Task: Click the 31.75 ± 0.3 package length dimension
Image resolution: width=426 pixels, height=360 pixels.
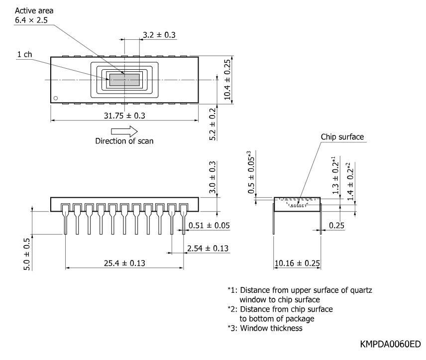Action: point(124,116)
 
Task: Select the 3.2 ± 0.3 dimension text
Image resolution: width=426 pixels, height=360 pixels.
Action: point(159,35)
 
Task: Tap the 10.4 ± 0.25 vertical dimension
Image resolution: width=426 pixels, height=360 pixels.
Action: point(227,80)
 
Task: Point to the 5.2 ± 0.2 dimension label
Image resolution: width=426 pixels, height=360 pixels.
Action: point(213,124)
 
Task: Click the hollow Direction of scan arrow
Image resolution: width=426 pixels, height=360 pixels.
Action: point(124,131)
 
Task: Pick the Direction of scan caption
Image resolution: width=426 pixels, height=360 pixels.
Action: point(124,141)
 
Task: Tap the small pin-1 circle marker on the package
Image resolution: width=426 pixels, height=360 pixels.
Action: point(56,98)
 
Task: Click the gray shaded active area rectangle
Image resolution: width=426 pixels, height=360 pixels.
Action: point(124,80)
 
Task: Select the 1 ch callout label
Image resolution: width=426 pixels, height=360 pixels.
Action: point(25,54)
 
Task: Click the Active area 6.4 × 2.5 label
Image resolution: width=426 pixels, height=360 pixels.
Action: point(34,15)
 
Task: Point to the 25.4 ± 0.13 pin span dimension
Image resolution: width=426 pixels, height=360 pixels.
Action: point(124,263)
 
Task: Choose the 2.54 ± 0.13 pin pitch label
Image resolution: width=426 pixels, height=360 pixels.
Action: point(208,248)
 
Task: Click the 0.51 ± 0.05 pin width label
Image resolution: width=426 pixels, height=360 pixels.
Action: point(209,226)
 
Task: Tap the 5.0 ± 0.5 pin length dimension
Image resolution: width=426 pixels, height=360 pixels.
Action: point(27,254)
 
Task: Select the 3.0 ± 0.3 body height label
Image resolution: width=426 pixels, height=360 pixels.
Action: point(213,177)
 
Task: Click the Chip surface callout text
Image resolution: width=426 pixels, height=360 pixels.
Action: point(342,137)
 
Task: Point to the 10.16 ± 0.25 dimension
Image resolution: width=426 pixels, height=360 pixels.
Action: point(297,263)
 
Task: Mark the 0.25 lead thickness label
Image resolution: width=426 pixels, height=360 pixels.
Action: point(336,226)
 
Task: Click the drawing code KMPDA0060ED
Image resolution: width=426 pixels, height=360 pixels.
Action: point(390,344)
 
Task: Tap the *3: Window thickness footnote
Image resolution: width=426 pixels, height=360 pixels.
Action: point(265,328)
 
